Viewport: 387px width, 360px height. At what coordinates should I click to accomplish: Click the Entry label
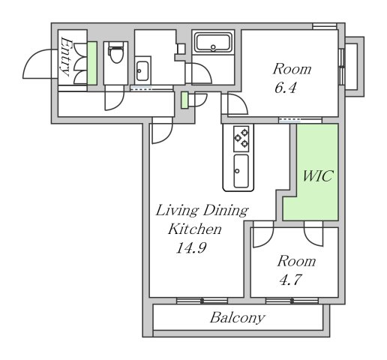pyautogui.click(x=65, y=57)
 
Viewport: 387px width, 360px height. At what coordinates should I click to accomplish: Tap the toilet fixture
pyautogui.click(x=115, y=53)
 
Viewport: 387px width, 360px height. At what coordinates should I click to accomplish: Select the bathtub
pyautogui.click(x=213, y=43)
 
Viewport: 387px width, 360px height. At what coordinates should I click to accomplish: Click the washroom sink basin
pyautogui.click(x=142, y=70)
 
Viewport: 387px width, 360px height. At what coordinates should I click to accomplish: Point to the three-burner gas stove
pyautogui.click(x=241, y=139)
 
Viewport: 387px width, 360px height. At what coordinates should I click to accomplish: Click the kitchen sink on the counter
pyautogui.click(x=241, y=171)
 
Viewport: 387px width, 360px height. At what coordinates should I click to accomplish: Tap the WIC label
pyautogui.click(x=317, y=176)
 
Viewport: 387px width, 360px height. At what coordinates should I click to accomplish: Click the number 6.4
pyautogui.click(x=286, y=88)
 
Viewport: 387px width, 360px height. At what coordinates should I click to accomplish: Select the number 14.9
pyautogui.click(x=191, y=247)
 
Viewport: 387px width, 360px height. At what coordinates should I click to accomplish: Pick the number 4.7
pyautogui.click(x=290, y=280)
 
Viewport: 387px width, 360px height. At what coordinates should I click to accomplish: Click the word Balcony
pyautogui.click(x=237, y=318)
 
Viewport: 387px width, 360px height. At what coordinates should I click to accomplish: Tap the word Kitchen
pyautogui.click(x=195, y=229)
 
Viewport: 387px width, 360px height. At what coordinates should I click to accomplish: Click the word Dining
pyautogui.click(x=225, y=211)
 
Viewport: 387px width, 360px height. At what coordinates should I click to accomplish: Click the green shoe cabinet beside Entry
pyautogui.click(x=92, y=63)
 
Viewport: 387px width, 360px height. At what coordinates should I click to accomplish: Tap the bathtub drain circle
pyautogui.click(x=213, y=47)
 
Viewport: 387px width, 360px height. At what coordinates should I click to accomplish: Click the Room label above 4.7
pyautogui.click(x=296, y=261)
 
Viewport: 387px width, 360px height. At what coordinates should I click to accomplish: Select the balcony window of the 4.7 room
pyautogui.click(x=292, y=301)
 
